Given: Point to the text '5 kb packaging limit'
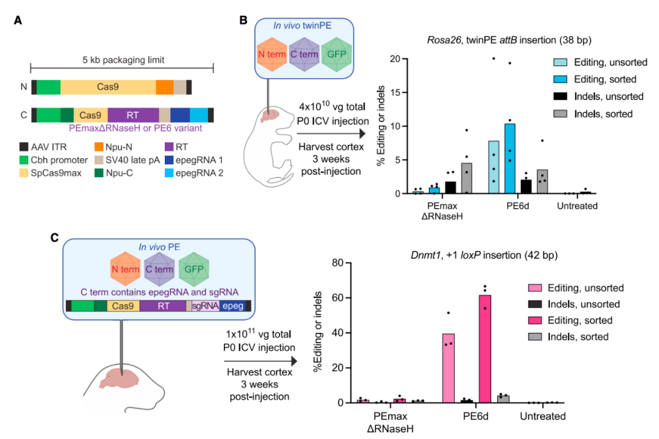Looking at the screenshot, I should tap(122, 60).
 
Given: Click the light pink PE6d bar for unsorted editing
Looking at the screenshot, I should tap(448, 368).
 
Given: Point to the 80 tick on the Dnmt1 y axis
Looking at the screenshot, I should tap(333, 263).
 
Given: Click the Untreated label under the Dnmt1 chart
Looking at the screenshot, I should tap(542, 416).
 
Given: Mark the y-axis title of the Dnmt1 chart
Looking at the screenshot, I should tap(317, 333).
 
